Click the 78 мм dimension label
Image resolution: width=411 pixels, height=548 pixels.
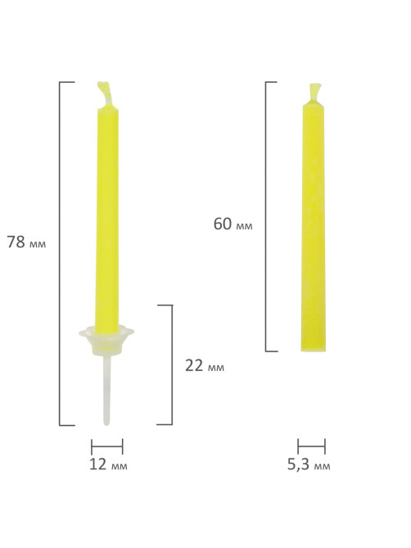click(26, 242)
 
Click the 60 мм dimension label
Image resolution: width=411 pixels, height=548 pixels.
click(233, 224)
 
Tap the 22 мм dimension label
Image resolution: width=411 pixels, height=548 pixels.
click(205, 365)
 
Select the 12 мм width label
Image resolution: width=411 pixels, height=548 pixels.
click(108, 464)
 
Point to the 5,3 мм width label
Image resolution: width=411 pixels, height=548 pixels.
click(309, 464)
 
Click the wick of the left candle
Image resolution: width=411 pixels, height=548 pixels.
click(105, 94)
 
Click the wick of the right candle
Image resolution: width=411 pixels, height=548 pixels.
click(314, 93)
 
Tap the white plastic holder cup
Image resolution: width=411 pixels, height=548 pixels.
click(106, 340)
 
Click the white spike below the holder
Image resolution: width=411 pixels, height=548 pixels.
click(106, 390)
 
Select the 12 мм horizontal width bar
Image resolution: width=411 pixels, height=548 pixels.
click(107, 446)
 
